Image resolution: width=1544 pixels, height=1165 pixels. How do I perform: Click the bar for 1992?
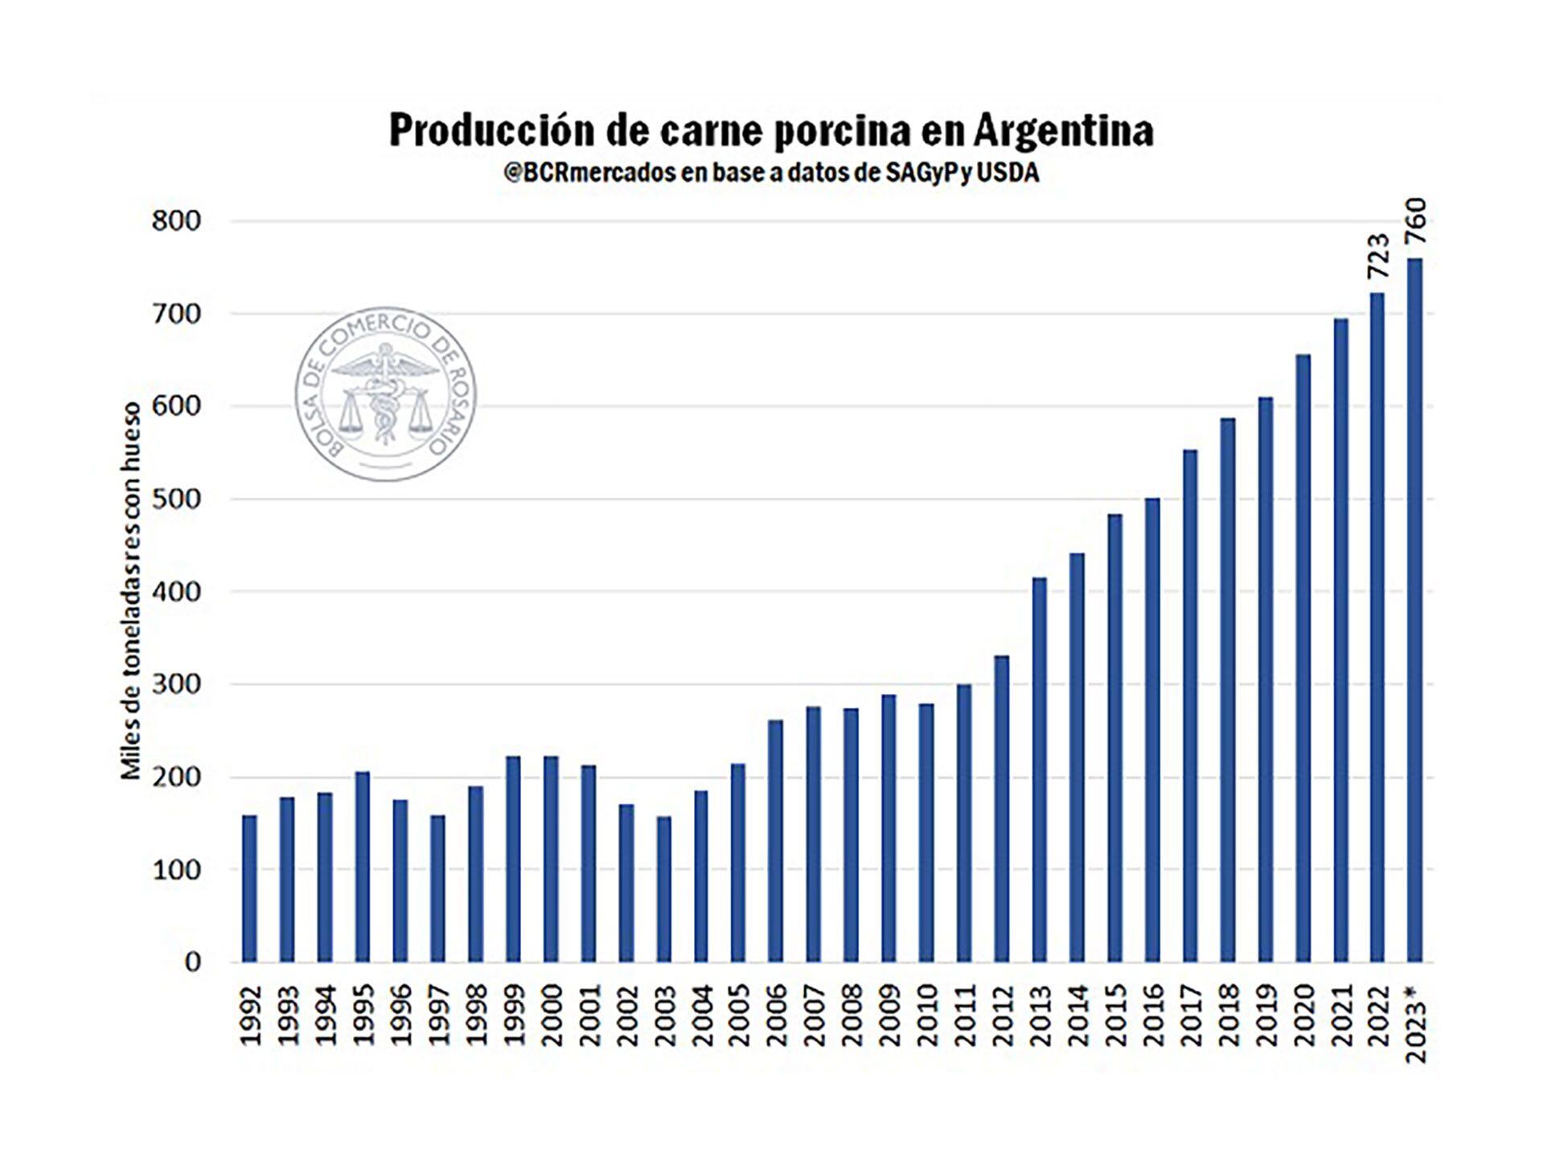(249, 888)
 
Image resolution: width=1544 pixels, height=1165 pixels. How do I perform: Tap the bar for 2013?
(1039, 769)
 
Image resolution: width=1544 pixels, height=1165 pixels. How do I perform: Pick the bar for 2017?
(1190, 705)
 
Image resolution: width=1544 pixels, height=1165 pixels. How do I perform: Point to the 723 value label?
(1378, 256)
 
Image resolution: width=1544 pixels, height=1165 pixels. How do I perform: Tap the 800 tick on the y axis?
(175, 221)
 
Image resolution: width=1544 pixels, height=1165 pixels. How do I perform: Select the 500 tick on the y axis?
(175, 499)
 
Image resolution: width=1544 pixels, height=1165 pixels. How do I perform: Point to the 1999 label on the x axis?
(512, 1015)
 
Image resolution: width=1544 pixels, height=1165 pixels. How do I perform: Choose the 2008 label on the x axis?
(851, 1015)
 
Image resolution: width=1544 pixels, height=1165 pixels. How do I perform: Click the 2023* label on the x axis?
(1416, 1023)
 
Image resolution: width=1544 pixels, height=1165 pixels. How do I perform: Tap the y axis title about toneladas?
(131, 591)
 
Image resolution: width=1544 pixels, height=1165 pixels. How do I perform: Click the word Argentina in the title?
(1063, 131)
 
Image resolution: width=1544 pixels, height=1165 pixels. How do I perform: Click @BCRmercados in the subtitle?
(589, 174)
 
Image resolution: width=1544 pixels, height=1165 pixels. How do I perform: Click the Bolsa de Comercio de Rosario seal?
(387, 396)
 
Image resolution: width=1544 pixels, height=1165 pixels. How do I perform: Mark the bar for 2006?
(775, 840)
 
